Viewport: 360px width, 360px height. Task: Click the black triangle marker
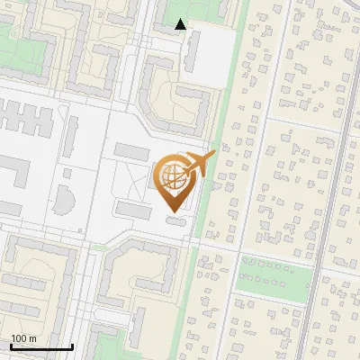click(181, 24)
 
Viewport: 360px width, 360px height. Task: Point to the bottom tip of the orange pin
click(173, 211)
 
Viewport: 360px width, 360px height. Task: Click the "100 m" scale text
click(23, 338)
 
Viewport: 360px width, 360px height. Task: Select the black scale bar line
click(41, 346)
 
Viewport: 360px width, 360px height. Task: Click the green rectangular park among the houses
click(274, 271)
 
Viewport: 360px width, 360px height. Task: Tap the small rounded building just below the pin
click(178, 220)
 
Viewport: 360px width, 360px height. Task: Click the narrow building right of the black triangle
click(193, 53)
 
